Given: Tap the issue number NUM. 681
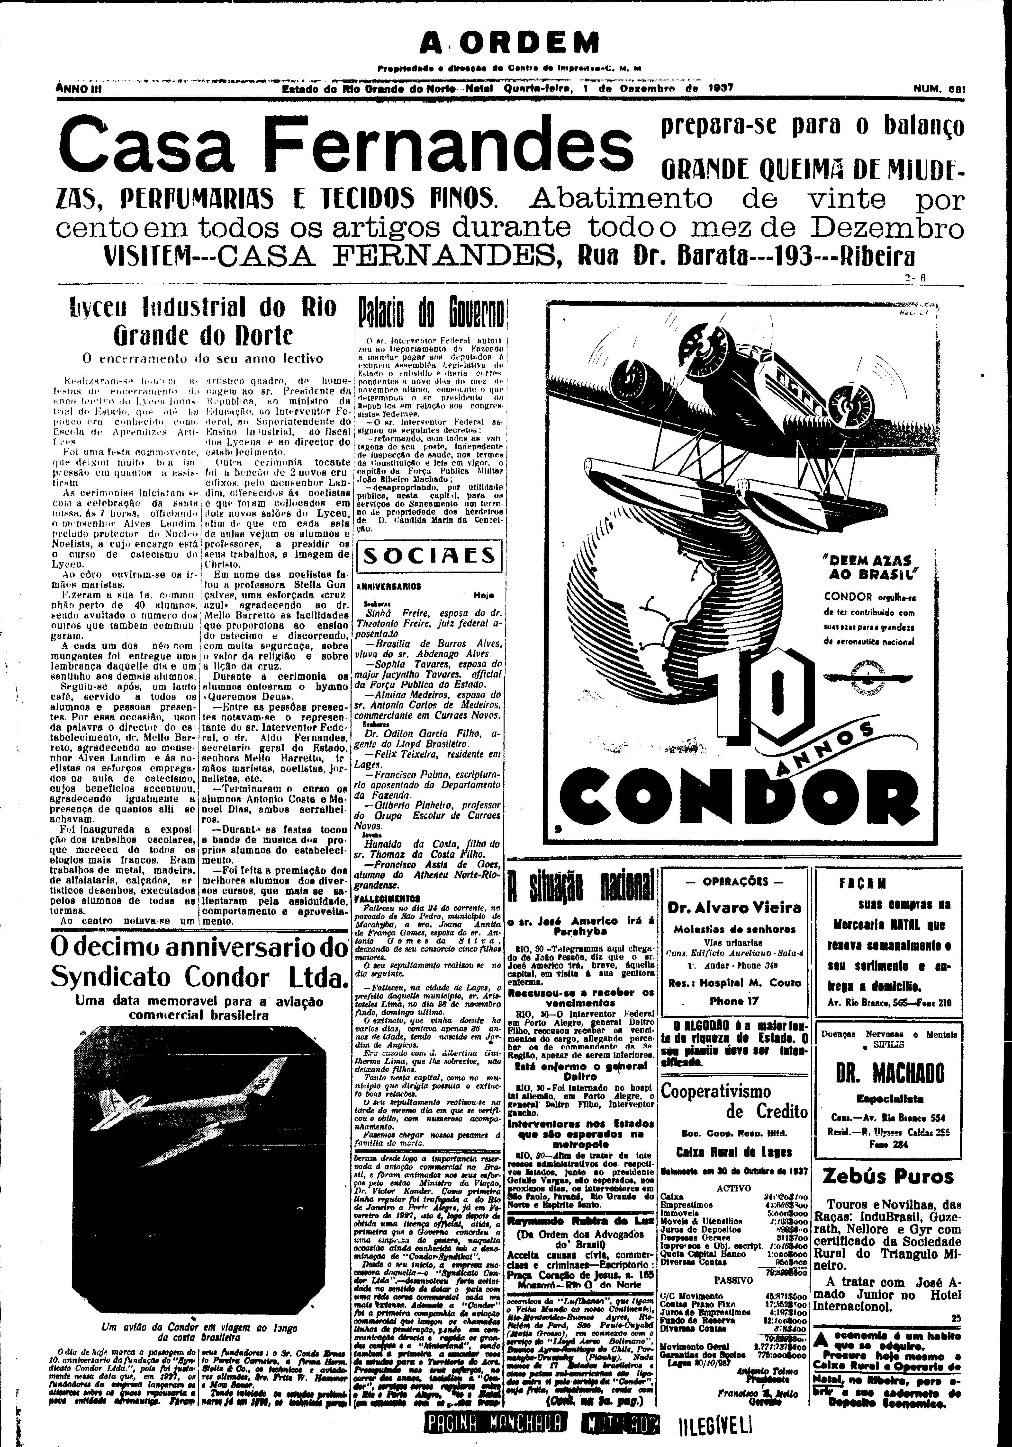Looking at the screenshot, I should (940, 89).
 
